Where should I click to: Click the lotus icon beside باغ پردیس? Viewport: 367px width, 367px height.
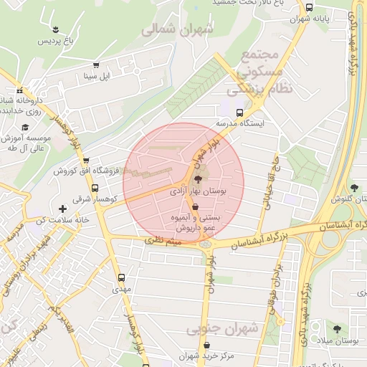pos(57,29)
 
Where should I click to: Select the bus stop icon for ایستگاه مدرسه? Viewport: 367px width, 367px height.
pos(239,112)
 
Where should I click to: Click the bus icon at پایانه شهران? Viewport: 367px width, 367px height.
pos(309,8)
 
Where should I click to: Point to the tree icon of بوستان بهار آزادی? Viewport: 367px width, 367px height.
pos(198,179)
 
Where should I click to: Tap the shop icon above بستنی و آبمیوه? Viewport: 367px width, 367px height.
pos(195,206)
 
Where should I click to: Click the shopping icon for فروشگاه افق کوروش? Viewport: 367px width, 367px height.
pos(86,161)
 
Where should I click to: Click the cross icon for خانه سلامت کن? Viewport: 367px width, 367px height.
pos(62,208)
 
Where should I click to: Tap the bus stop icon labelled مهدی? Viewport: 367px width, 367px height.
pos(120,277)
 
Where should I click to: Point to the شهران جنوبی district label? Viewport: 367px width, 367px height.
pos(222,328)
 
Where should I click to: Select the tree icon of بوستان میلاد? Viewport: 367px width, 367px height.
pos(337,329)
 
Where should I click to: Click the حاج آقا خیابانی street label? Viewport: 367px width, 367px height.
pos(268,181)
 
